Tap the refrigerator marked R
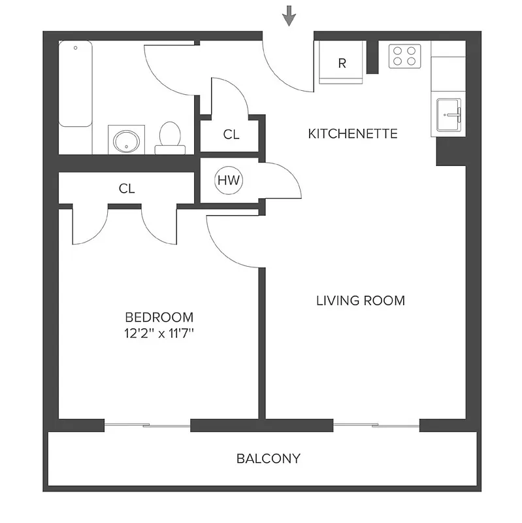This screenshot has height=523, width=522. click(341, 63)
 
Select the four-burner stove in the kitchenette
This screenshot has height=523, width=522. click(404, 56)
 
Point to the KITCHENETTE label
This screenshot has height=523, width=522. click(353, 134)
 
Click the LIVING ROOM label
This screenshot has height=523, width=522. click(361, 301)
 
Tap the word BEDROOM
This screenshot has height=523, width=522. click(159, 317)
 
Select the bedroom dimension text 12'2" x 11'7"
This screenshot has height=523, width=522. click(159, 333)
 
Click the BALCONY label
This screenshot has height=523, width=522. click(268, 458)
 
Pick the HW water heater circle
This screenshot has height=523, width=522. click(228, 180)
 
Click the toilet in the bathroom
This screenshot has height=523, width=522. click(170, 136)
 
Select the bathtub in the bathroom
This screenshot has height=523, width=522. click(75, 84)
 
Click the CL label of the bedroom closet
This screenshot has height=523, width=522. click(126, 189)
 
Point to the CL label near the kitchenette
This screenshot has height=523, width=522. click(231, 135)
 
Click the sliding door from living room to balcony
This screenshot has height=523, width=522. click(376, 426)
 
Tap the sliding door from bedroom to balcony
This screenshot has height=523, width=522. click(147, 426)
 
